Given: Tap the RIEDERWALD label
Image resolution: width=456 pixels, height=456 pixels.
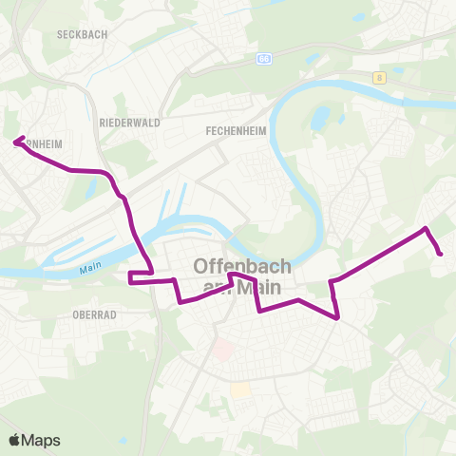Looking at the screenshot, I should point(129,123).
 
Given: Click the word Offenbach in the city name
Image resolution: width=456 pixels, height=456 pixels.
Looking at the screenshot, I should point(242,266).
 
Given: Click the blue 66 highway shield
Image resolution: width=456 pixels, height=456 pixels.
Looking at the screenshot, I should point(263,58).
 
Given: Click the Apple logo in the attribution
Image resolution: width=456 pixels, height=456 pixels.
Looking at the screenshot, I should point(16,440).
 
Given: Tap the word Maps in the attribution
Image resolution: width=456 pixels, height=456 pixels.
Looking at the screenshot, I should point(42,440).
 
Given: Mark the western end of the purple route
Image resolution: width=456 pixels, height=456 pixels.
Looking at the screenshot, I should point(15,142).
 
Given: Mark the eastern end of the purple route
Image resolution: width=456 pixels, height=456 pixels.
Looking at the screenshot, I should point(441,253).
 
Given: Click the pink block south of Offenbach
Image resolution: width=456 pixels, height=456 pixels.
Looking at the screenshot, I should point(223,350).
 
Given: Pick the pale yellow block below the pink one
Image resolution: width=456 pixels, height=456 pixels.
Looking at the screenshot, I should point(240,390).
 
